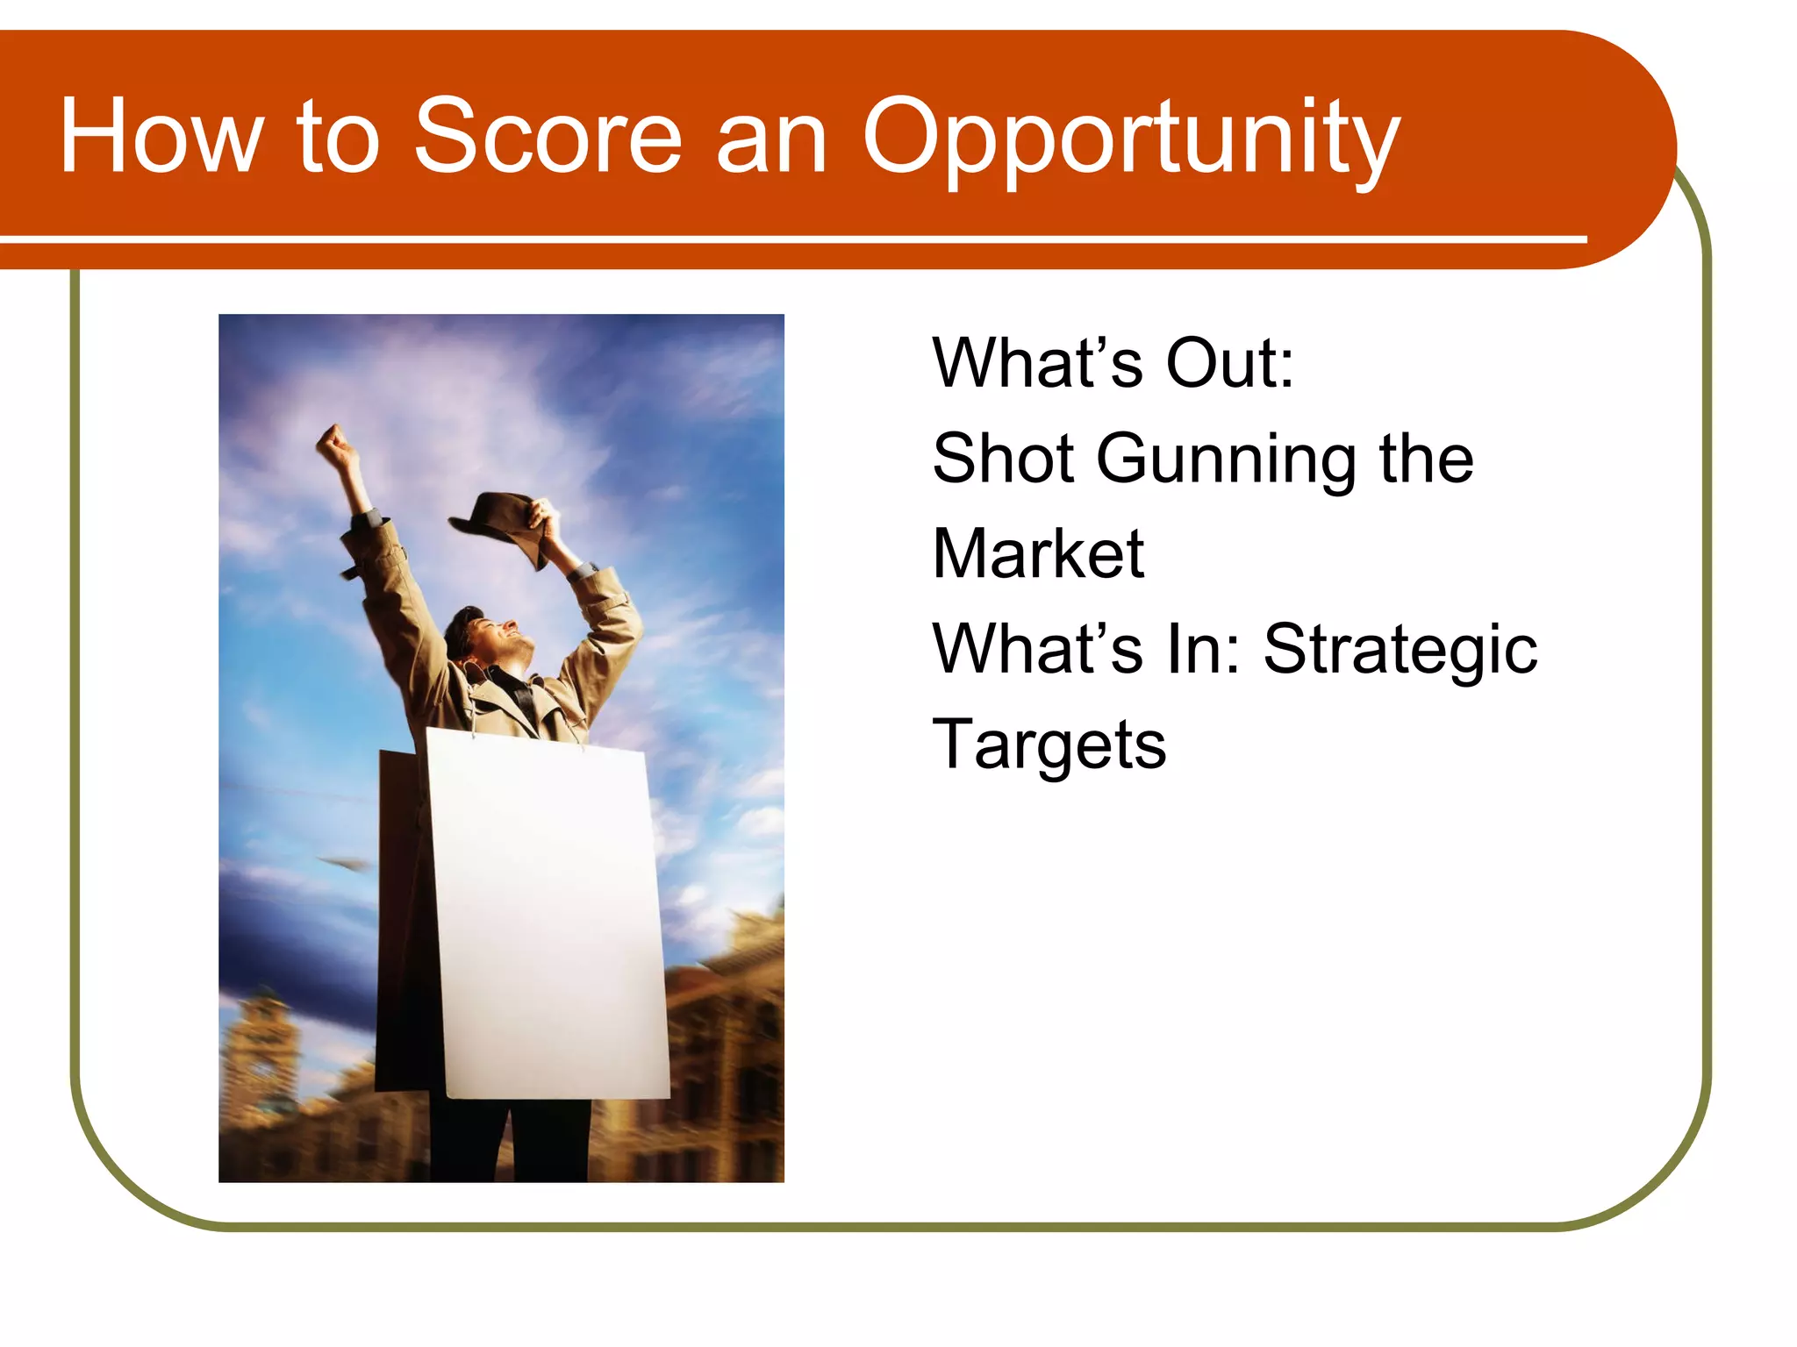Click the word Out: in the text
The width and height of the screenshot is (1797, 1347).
pos(1229,363)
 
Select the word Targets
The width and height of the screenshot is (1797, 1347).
pos(1049,745)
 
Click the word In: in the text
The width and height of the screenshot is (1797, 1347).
pos(1203,649)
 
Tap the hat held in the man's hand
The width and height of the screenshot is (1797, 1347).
pos(497,526)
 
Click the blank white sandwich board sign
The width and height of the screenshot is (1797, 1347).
pos(548,912)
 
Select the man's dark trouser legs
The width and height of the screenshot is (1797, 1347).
pos(509,1140)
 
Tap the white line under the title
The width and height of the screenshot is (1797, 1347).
pos(790,239)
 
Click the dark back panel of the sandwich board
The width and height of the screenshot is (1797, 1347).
pos(404,921)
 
